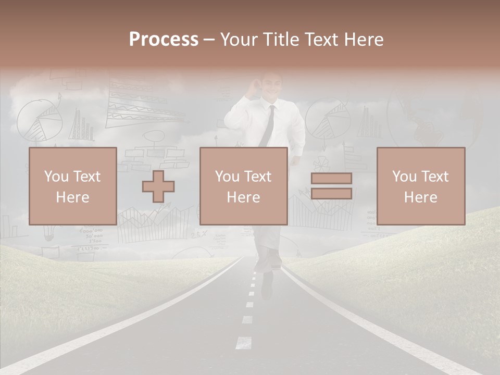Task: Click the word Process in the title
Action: pos(164,40)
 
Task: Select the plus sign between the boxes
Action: pos(158,186)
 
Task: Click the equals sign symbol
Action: pos(331,186)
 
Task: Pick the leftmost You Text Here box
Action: pos(72,186)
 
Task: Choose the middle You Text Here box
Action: pos(243,186)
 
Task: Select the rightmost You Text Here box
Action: pos(420,186)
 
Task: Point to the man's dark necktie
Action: pos(268,125)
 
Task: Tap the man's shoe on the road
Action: pos(267,284)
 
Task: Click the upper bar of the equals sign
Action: pos(331,178)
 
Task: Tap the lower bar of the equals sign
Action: pos(331,194)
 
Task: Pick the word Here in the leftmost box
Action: pos(72,197)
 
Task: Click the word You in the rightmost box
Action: pos(404,177)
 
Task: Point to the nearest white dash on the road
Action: pos(244,342)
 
